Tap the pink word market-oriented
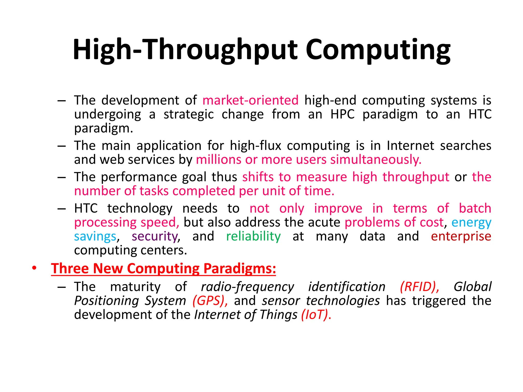[x=250, y=100]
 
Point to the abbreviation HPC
[x=342, y=114]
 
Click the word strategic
[x=188, y=114]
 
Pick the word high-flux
[x=255, y=145]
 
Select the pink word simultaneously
[x=376, y=160]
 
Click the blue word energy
[x=471, y=223]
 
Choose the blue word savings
[x=95, y=236]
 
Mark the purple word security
[x=155, y=236]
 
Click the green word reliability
[x=253, y=236]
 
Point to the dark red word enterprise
[x=461, y=236]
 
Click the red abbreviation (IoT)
[x=316, y=315]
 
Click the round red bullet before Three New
[x=34, y=268]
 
